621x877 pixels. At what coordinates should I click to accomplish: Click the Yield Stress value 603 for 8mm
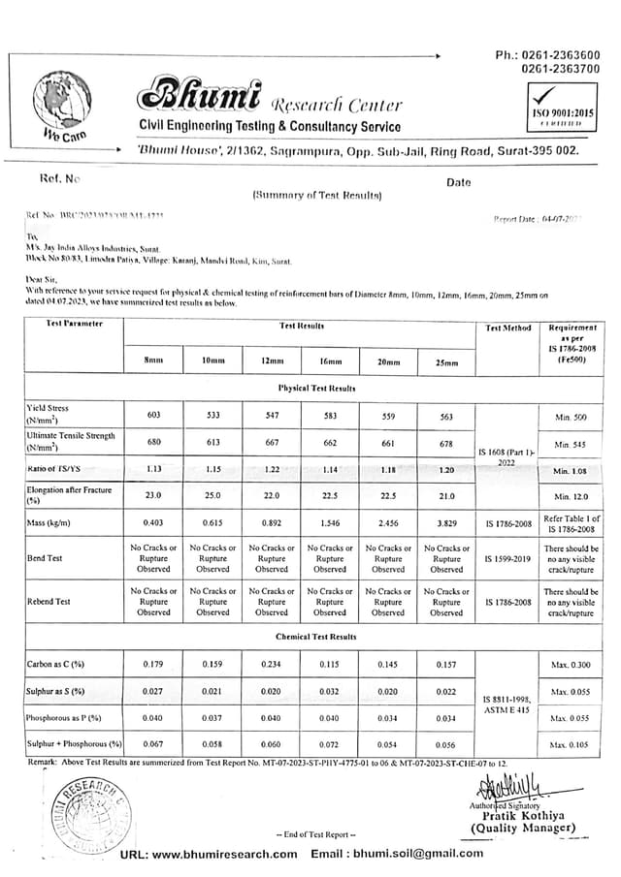tap(153, 415)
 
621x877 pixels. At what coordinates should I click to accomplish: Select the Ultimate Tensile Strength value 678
tap(446, 444)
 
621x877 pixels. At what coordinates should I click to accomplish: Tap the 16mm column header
tap(330, 361)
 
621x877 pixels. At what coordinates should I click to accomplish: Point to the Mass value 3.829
tap(446, 523)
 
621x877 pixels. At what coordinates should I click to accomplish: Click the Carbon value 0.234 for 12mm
tap(272, 665)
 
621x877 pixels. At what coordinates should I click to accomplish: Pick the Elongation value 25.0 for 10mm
tap(212, 496)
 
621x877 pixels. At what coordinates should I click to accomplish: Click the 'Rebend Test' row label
tap(49, 602)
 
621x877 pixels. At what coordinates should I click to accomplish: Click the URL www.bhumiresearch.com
tap(209, 854)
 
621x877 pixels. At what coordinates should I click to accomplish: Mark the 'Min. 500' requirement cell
tap(572, 417)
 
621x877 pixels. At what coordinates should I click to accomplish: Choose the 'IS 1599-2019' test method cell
tap(507, 559)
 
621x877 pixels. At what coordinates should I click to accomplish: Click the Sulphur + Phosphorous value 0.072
tap(330, 744)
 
